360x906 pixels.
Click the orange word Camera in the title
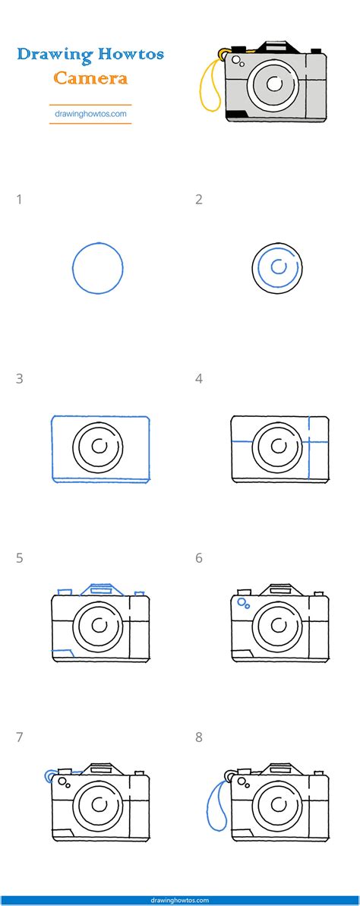tap(90, 77)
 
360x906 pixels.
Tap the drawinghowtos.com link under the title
tap(90, 115)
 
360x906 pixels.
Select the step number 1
tap(19, 200)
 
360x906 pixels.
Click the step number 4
tap(199, 379)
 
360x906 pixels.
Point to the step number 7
tap(19, 737)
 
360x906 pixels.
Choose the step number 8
tap(199, 737)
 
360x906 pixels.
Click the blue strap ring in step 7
tap(51, 776)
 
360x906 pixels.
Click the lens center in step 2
tap(278, 267)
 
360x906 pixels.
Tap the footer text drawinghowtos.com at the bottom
tap(180, 900)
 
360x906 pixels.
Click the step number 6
tap(199, 558)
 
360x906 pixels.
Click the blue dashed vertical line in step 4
tap(311, 448)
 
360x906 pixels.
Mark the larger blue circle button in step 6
tap(242, 601)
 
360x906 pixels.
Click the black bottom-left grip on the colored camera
tap(236, 114)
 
